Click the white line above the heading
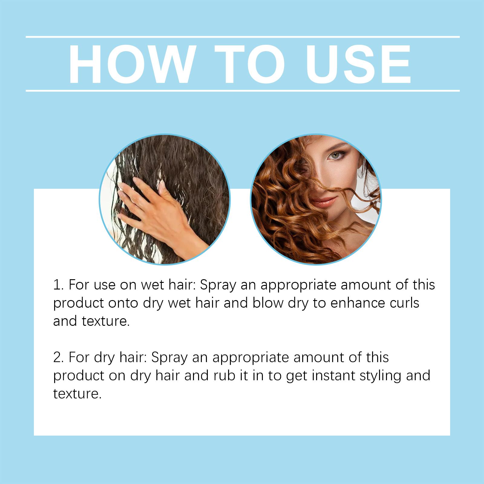[243, 37]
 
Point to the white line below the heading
[243, 90]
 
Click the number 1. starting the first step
[58, 285]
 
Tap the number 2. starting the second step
[58, 358]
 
